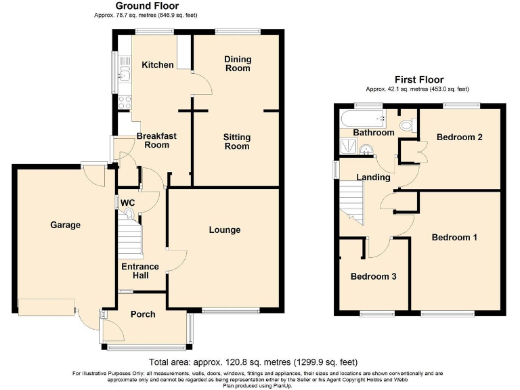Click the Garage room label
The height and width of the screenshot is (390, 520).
[x=65, y=225]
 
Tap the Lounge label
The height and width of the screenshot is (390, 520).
[x=224, y=230]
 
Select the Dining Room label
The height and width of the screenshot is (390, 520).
[x=237, y=64]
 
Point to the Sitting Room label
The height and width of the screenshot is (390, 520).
[x=237, y=142]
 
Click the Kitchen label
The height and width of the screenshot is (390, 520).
[x=157, y=65]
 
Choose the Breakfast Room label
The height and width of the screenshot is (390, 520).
[x=156, y=140]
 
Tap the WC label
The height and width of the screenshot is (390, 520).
[x=128, y=202]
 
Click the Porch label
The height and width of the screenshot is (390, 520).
[x=143, y=314]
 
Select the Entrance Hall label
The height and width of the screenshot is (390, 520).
[x=140, y=271]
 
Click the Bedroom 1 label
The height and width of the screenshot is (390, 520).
[x=454, y=238]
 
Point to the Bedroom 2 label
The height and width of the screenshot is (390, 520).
[x=459, y=137]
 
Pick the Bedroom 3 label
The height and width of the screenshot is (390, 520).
[x=373, y=277]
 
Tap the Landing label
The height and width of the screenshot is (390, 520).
[x=374, y=177]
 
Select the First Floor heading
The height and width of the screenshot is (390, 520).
[x=416, y=80]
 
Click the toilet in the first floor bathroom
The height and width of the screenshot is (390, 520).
[x=407, y=125]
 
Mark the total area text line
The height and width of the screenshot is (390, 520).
[x=253, y=362]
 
